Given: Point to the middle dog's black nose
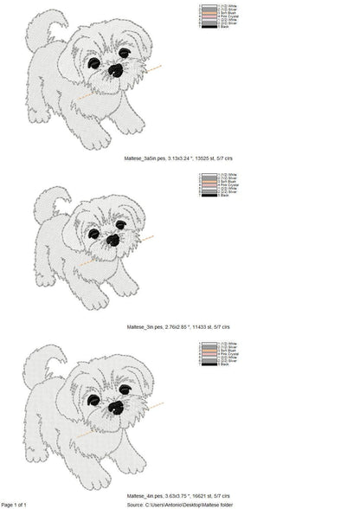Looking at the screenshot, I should (112, 240).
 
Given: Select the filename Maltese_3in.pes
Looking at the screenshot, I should (144, 326).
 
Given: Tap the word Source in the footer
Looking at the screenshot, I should (135, 504).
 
